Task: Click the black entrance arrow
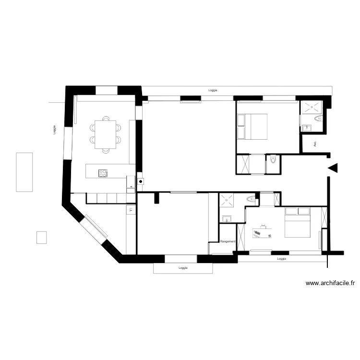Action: click(x=333, y=168)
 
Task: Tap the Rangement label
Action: click(x=227, y=241)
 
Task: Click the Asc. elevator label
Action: click(x=315, y=143)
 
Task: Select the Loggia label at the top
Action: click(x=213, y=90)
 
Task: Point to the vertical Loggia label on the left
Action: click(x=56, y=130)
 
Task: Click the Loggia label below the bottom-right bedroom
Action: click(x=282, y=259)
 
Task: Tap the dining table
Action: click(x=106, y=134)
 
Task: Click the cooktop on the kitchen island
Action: click(x=103, y=173)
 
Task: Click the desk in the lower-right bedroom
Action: click(x=262, y=233)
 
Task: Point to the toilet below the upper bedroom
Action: click(x=273, y=159)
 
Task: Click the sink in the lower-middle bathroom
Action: click(x=227, y=219)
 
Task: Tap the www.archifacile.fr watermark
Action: click(x=330, y=283)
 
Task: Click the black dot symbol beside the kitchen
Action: click(x=141, y=181)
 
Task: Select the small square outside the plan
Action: click(x=42, y=237)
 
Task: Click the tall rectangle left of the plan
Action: click(x=24, y=172)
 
